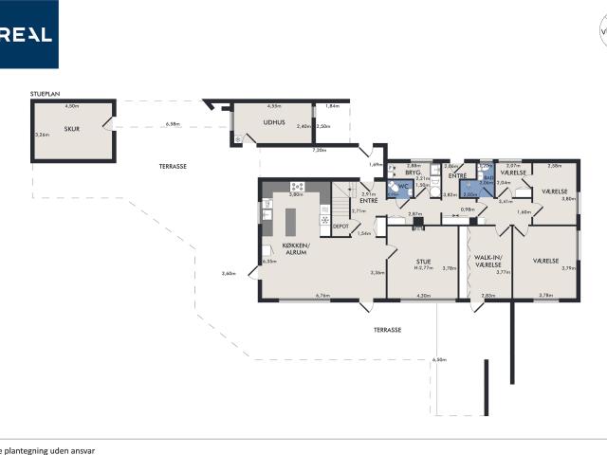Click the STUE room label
point(424,262)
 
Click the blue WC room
point(403,187)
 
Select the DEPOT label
point(340,226)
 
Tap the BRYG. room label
point(413,173)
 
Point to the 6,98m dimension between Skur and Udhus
point(172,123)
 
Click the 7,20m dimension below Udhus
point(320,150)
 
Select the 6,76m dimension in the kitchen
point(322,296)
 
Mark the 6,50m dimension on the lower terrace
point(438,359)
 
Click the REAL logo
point(28,34)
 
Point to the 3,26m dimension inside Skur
point(42,136)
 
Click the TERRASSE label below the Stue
point(386,330)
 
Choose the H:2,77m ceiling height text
point(424,269)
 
